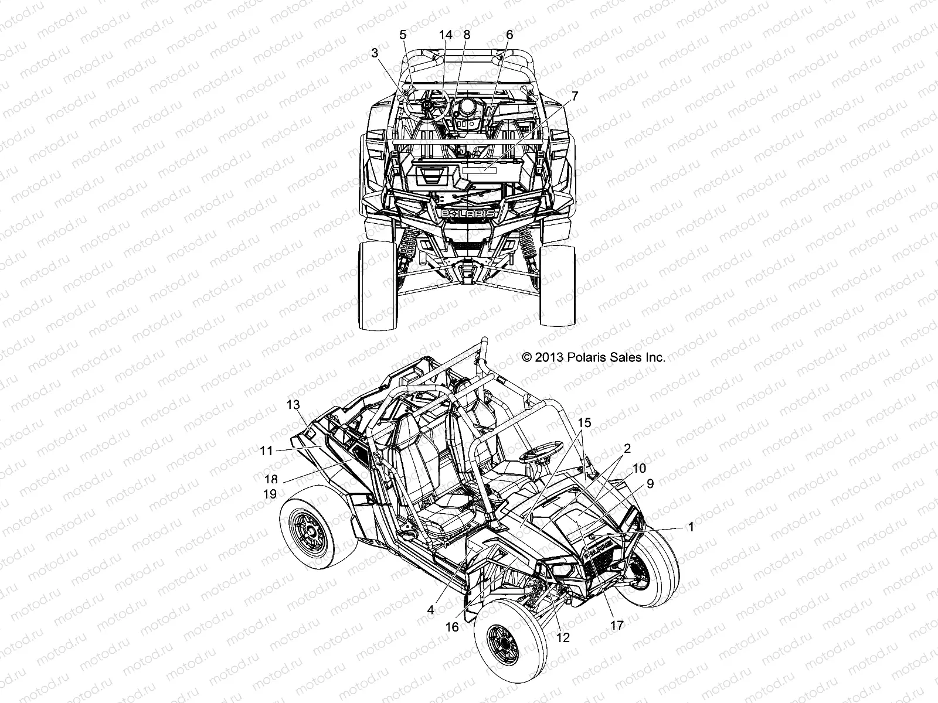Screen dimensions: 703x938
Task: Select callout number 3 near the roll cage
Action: pyautogui.click(x=375, y=53)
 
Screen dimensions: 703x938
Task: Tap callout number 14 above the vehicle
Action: pyautogui.click(x=446, y=35)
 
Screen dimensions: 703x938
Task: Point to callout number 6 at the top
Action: pyautogui.click(x=509, y=35)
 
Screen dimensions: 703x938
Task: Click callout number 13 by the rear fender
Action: pyautogui.click(x=293, y=404)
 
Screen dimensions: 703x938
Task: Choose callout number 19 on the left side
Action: pyautogui.click(x=270, y=494)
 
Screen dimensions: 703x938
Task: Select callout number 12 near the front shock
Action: pyautogui.click(x=563, y=637)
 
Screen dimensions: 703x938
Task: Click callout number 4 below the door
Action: pyautogui.click(x=430, y=610)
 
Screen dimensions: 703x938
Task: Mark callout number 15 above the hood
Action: pyautogui.click(x=584, y=422)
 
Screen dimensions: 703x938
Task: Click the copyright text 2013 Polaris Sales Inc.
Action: pyautogui.click(x=593, y=357)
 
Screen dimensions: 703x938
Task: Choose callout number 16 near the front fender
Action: pyautogui.click(x=452, y=627)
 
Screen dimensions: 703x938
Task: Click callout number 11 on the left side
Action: pyautogui.click(x=267, y=450)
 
